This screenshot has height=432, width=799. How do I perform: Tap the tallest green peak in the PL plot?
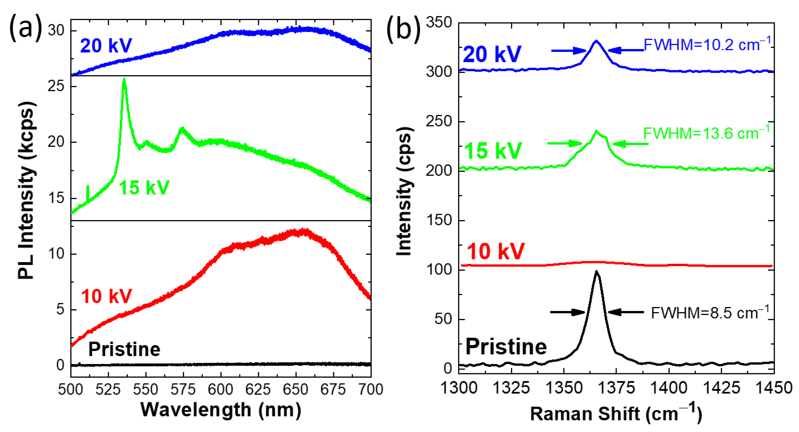124,80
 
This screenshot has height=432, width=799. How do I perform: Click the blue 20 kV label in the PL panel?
106,46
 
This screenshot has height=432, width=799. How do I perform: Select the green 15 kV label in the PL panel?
144,188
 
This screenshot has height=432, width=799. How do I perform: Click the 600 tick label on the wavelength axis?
220,390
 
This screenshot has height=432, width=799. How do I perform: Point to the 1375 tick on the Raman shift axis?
616,388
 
